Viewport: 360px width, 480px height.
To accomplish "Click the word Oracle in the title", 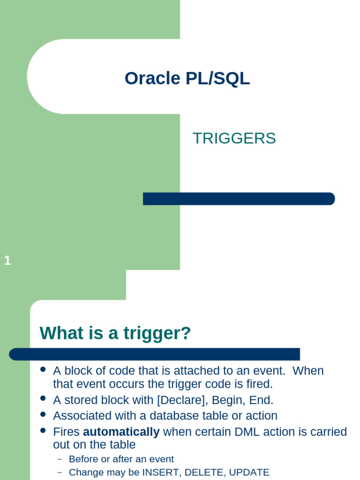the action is tap(152, 78).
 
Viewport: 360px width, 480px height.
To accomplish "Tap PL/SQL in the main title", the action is tap(217, 78).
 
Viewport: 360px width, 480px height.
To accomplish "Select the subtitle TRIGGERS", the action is tap(234, 138).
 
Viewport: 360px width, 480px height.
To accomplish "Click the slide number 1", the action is tap(7, 261).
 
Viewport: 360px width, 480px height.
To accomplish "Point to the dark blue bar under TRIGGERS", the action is tap(239, 199).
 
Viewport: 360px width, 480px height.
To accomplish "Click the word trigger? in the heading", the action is tap(157, 333).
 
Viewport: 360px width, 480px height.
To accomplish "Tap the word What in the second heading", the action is tap(61, 333).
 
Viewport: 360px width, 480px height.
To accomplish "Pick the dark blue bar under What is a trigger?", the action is tap(154, 354).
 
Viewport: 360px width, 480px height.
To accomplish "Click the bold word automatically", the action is tap(121, 432).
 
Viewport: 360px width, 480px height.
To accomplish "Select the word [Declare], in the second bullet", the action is tap(182, 400).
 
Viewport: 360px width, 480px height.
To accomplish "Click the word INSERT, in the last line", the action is tap(162, 472).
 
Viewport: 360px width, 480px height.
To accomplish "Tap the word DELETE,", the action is tap(205, 472).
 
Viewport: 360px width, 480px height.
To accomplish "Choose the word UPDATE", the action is tap(249, 472).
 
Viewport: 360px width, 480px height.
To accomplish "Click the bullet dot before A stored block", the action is tap(43, 398).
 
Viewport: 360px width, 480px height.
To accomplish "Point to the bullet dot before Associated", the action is tap(43, 414).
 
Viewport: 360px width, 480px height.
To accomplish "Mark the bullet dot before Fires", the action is tap(43, 430).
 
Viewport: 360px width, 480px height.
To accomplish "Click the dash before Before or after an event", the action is tap(60, 459).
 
